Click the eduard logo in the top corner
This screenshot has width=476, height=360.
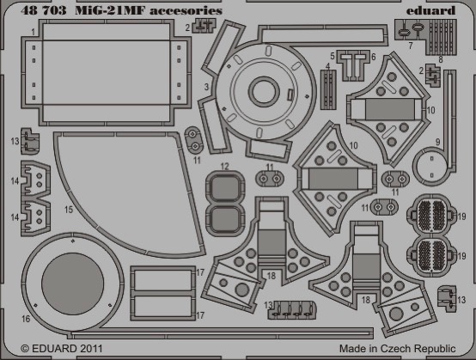pos(430,10)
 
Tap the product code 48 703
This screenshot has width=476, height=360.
pos(44,10)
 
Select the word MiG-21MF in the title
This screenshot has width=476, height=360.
pos(111,10)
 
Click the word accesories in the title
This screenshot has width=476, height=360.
pos(186,11)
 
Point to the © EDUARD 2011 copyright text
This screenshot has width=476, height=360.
pos(62,348)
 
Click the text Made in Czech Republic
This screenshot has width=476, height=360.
pos(397,349)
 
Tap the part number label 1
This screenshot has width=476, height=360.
pos(33,32)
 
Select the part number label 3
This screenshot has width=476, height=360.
pos(207,87)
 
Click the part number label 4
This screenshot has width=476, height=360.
pos(327,66)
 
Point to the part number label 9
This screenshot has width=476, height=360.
pos(437,142)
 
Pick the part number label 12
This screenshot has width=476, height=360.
pos(224,167)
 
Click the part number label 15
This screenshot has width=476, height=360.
pos(69,210)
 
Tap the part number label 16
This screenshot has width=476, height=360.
pos(26,319)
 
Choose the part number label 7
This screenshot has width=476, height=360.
pos(411,46)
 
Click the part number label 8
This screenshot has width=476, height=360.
pos(441,59)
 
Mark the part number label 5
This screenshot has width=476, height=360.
pos(333,56)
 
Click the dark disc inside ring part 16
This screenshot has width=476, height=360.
pos(72,284)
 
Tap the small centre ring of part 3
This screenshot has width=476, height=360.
pos(264,92)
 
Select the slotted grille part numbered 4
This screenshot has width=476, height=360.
pos(328,89)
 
